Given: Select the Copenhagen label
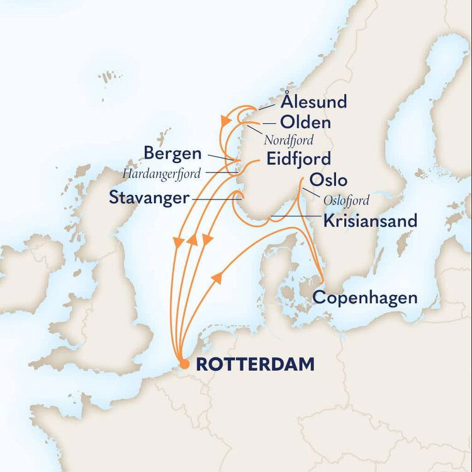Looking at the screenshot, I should pos(365,298).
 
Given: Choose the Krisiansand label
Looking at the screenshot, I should pos(370,222).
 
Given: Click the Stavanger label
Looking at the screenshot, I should pos(149,198).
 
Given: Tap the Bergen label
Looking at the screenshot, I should pos(172,153).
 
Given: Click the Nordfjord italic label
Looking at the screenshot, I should pos(289,138).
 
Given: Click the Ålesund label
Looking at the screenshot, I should pos(313,101).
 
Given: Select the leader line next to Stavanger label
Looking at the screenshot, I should pos(214,199).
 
